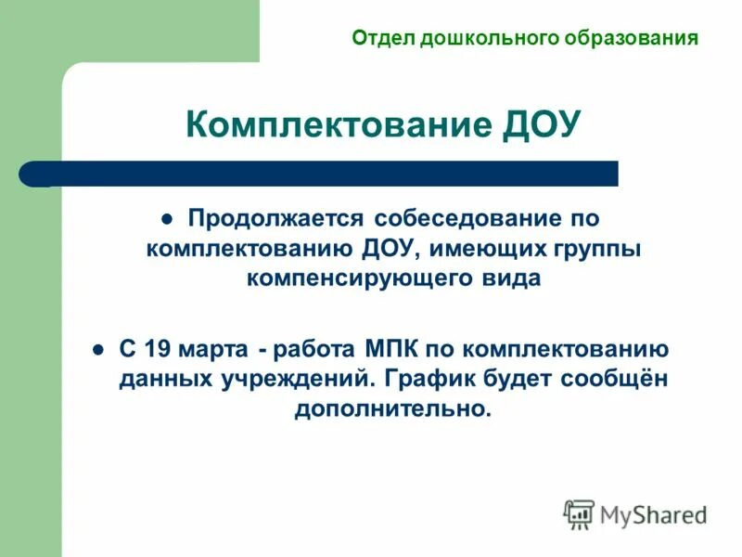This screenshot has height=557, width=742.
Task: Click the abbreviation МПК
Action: coord(388,350)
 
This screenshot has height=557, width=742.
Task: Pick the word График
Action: coord(433,380)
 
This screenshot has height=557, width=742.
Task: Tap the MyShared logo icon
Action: coord(579,513)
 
